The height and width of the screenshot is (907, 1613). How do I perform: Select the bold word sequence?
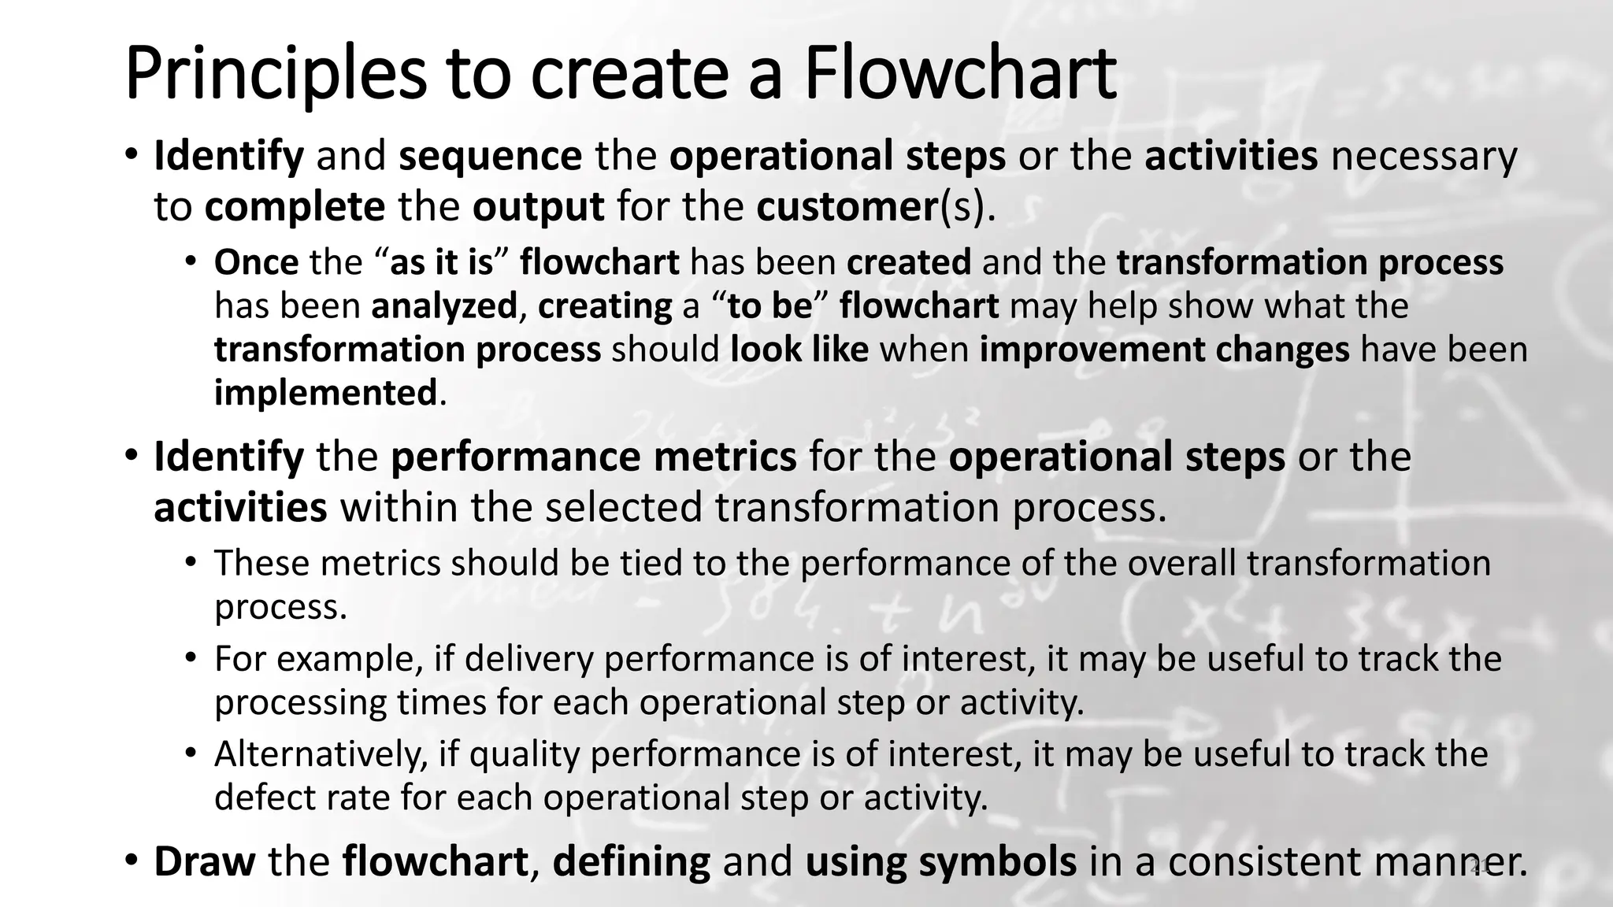(x=490, y=155)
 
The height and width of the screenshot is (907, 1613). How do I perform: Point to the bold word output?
(x=538, y=206)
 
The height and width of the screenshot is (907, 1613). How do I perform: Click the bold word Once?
(x=256, y=262)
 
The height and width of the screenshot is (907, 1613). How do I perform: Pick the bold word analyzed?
(x=444, y=305)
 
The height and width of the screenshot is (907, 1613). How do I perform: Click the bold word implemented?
(x=325, y=392)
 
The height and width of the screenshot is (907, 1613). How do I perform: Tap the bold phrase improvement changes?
(x=1164, y=349)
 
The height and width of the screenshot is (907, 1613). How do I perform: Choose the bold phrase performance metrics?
(x=593, y=457)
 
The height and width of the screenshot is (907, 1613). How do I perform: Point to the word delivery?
(x=528, y=658)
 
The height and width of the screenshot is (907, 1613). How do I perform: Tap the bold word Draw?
(x=204, y=861)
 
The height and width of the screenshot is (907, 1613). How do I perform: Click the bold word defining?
(x=631, y=861)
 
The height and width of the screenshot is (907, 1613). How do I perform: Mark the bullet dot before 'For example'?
(x=191, y=656)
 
